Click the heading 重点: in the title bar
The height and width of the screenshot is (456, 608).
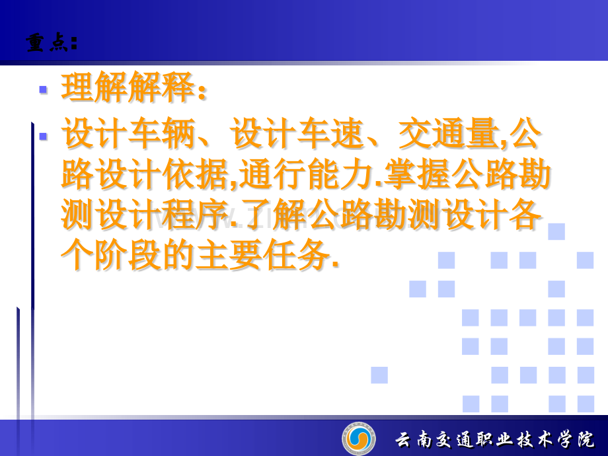(x=52, y=43)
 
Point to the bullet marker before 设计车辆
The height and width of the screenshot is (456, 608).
(x=43, y=137)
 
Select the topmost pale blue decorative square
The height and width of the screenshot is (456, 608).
(x=556, y=231)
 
